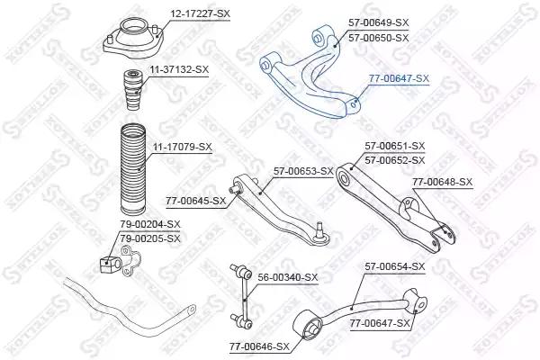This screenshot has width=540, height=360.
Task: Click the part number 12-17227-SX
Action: pyautogui.click(x=200, y=13)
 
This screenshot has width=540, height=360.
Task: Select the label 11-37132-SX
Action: pyautogui.click(x=179, y=69)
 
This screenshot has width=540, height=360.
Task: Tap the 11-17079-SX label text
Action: pyautogui.click(x=182, y=147)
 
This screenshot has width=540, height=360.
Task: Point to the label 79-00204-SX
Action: pyautogui.click(x=150, y=224)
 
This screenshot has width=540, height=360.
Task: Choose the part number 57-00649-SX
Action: pyautogui.click(x=379, y=22)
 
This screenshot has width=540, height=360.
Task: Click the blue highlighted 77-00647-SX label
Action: pyautogui.click(x=399, y=78)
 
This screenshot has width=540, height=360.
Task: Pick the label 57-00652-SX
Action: pyautogui.click(x=395, y=160)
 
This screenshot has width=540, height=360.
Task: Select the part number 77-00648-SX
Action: pyautogui.click(x=443, y=182)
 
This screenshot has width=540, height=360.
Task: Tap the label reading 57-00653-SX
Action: pyautogui.click(x=303, y=171)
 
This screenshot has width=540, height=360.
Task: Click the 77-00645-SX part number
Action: pyautogui.click(x=195, y=201)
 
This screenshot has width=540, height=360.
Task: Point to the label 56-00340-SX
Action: pyautogui.click(x=288, y=277)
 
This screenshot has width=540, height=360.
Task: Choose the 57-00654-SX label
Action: pyautogui.click(x=395, y=266)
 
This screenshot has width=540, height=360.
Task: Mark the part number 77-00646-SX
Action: pyautogui.click(x=260, y=346)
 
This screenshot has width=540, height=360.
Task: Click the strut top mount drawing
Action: pyautogui.click(x=133, y=39)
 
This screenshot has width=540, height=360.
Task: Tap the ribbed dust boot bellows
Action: pyautogui.click(x=133, y=169)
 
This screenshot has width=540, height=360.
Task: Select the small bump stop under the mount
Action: pyautogui.click(x=133, y=90)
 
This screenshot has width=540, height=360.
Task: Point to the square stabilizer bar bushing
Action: pyautogui.click(x=110, y=264)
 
